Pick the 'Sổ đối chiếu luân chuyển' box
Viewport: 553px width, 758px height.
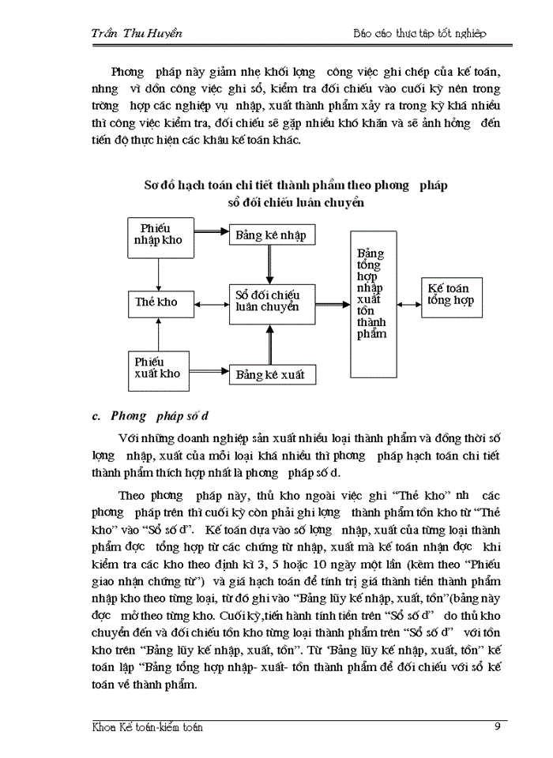(269, 302)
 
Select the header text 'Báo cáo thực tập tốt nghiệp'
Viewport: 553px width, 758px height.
(419, 33)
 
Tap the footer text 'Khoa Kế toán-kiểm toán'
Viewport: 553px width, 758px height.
(148, 727)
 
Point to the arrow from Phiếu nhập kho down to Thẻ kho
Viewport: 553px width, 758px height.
(160, 273)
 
